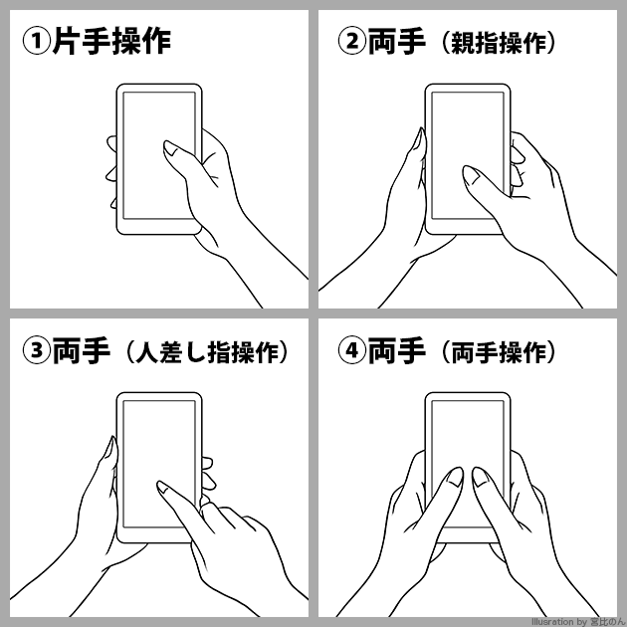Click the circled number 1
pyautogui.click(x=37, y=42)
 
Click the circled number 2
pyautogui.click(x=352, y=42)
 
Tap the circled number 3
pyautogui.click(x=37, y=350)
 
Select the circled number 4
pyautogui.click(x=352, y=350)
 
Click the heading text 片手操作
pyautogui.click(x=111, y=41)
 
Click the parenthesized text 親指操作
pyautogui.click(x=499, y=43)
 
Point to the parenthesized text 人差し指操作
pyautogui.click(x=207, y=352)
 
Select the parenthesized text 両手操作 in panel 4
pyautogui.click(x=499, y=352)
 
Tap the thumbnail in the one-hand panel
pyautogui.click(x=171, y=148)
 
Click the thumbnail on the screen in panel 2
pyautogui.click(x=471, y=175)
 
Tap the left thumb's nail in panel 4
pyautogui.click(x=454, y=477)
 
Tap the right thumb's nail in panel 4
pyautogui.click(x=481, y=477)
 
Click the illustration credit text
pyautogui.click(x=578, y=622)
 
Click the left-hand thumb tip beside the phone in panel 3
pyautogui.click(x=111, y=439)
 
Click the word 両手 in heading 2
pyautogui.click(x=396, y=41)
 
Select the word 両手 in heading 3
pyautogui.click(x=82, y=350)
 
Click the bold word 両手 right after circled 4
pyautogui.click(x=396, y=350)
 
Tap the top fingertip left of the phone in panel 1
pyautogui.click(x=111, y=141)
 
